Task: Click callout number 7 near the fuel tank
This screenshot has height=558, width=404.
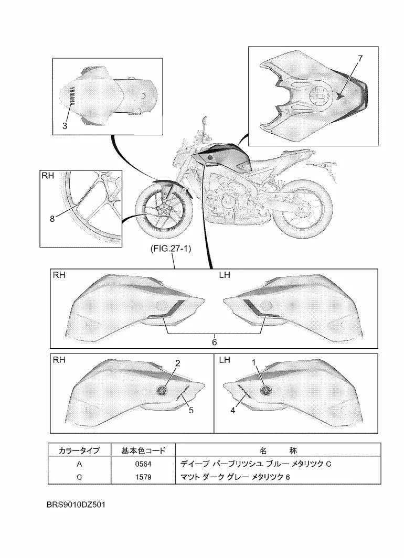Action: pos(360,59)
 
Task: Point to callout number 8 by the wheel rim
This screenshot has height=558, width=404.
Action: pos(52,220)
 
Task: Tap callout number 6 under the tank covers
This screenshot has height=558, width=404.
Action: pos(214,341)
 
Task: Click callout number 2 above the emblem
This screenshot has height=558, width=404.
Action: pos(178,363)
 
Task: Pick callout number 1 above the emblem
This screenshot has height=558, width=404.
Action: pos(254,362)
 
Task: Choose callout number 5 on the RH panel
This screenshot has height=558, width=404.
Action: pos(191,411)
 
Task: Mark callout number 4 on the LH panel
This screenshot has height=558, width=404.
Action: pos(232,411)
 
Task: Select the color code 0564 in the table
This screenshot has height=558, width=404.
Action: pos(143,464)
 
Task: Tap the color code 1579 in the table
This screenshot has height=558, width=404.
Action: pos(143,477)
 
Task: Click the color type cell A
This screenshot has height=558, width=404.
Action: pos(79,464)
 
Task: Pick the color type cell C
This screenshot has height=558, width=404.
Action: pos(79,477)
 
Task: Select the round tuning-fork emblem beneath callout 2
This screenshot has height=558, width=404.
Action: pos(162,389)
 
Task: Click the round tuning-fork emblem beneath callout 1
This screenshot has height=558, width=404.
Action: pos(268,389)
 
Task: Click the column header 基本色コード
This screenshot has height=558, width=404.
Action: pos(143,450)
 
